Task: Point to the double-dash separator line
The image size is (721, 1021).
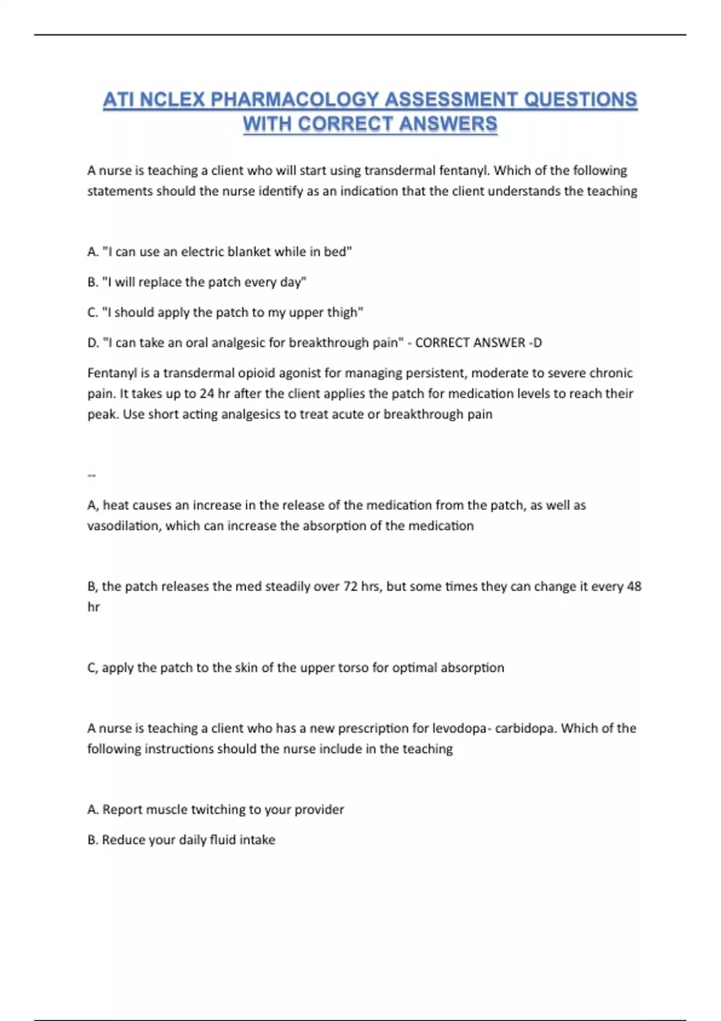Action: (91, 476)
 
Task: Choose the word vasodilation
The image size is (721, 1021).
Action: (124, 526)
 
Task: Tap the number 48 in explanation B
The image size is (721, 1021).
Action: (634, 587)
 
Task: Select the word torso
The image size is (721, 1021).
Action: (351, 668)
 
